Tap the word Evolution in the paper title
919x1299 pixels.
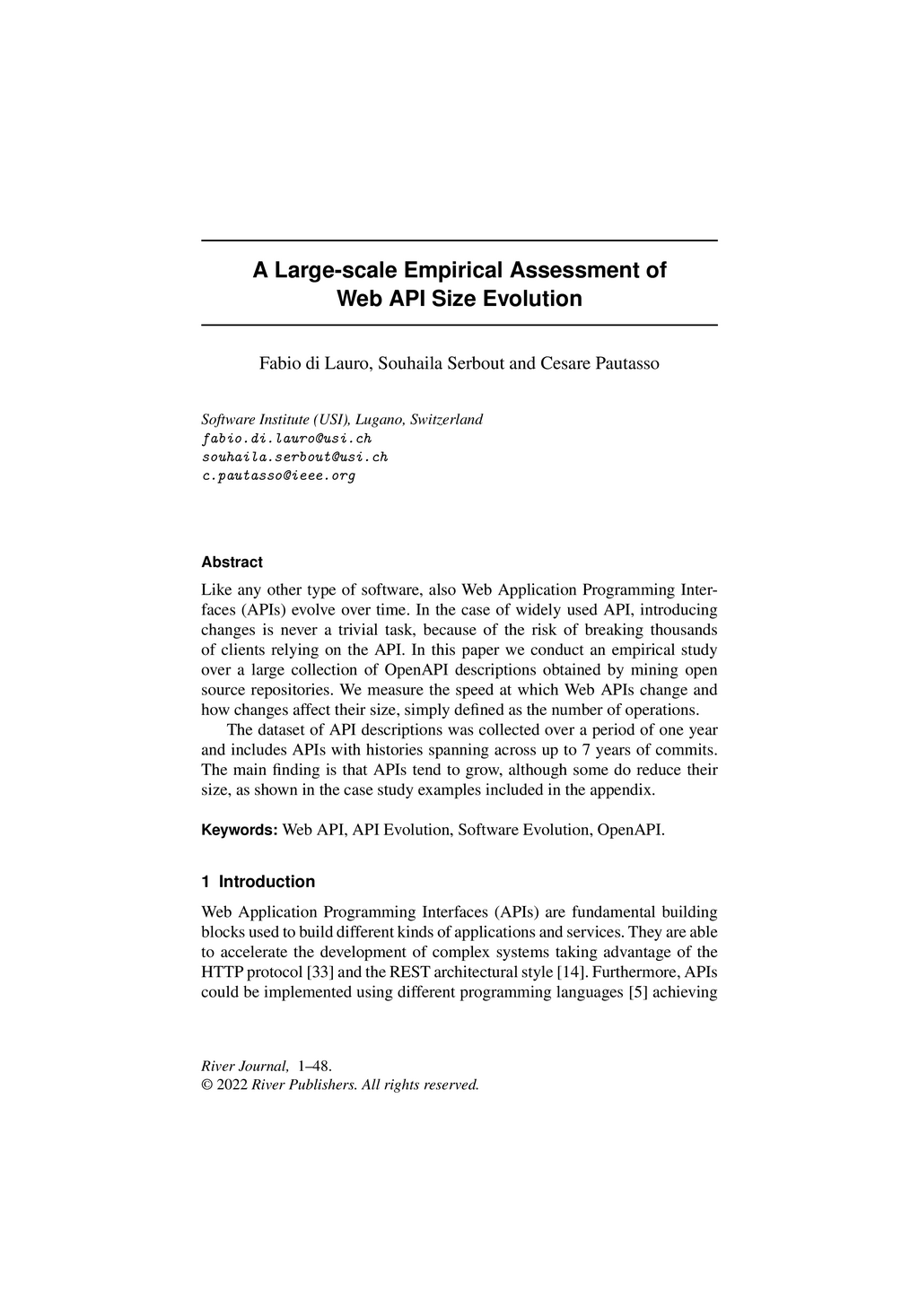pos(533,299)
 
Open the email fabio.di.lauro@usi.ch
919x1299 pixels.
pos(286,439)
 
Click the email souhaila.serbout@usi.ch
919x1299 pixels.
pos(294,457)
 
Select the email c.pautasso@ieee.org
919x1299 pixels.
pos(278,475)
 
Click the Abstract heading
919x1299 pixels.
pos(232,562)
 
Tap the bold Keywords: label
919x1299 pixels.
pos(240,830)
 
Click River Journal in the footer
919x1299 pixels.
pos(245,1067)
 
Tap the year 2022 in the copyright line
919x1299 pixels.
pos(232,1085)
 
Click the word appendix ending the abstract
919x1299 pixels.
pos(625,790)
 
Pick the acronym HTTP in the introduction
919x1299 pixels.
pos(221,972)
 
